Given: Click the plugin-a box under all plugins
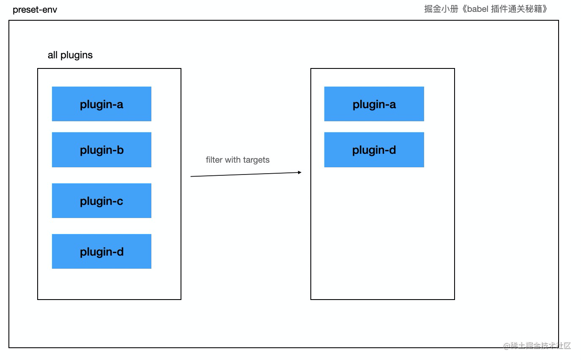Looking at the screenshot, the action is click(101, 104).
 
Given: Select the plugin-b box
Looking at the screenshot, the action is click(101, 150).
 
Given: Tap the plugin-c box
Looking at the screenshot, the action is click(101, 201).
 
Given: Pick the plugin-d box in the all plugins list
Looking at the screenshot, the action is click(101, 251).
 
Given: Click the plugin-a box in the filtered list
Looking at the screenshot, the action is click(374, 104).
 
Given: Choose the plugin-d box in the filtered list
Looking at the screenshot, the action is click(374, 150).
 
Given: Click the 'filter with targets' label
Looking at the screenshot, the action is click(238, 160).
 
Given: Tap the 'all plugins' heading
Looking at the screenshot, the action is click(70, 55).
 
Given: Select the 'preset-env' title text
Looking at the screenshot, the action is click(35, 10).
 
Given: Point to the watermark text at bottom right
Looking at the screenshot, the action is click(537, 346).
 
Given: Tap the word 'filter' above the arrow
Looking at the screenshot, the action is click(214, 160).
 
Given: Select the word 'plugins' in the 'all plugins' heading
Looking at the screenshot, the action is click(77, 55).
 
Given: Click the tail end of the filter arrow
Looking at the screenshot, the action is click(191, 177).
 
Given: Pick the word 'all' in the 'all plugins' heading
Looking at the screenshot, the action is click(52, 55).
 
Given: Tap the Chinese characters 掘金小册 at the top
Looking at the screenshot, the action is click(441, 9).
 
